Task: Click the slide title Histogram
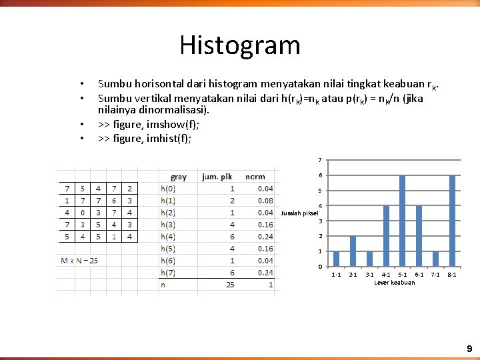tap(240, 45)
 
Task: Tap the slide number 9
tap(469, 349)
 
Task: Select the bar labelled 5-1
tap(402, 221)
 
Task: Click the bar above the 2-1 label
tap(353, 251)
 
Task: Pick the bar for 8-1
tap(452, 221)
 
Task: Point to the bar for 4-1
tap(386, 236)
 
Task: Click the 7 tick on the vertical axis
tap(320, 160)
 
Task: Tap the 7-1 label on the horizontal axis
tap(435, 275)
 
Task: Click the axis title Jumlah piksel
tap(300, 213)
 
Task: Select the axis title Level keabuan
tap(394, 283)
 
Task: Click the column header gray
tap(179, 177)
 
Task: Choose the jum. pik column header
tap(217, 177)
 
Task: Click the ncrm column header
tap(255, 177)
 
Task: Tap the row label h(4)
tap(168, 236)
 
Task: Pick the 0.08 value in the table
tap(265, 200)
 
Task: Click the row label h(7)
tap(168, 272)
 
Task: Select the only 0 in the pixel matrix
tap(81, 213)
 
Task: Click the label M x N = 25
tap(79, 260)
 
